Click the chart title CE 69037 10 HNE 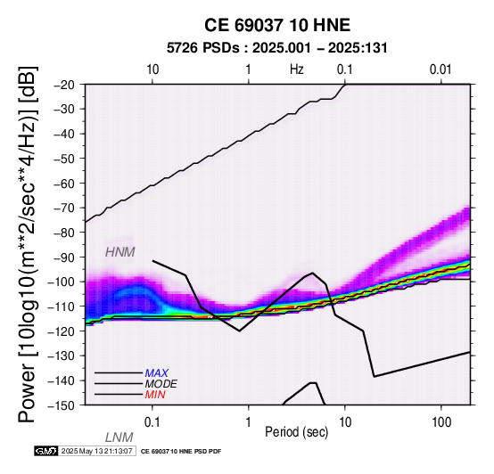(277, 25)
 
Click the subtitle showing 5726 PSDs (277, 48)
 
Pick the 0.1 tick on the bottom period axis (152, 422)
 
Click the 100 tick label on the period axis (441, 422)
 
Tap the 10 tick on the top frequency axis (152, 69)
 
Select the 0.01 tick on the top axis (440, 69)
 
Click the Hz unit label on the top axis (297, 69)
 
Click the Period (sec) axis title (296, 432)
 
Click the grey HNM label (120, 252)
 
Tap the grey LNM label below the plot (119, 437)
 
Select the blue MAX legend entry (157, 373)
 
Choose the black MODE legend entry (161, 384)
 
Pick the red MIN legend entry (155, 395)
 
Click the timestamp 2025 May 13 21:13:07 (96, 451)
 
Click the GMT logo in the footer (46, 451)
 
